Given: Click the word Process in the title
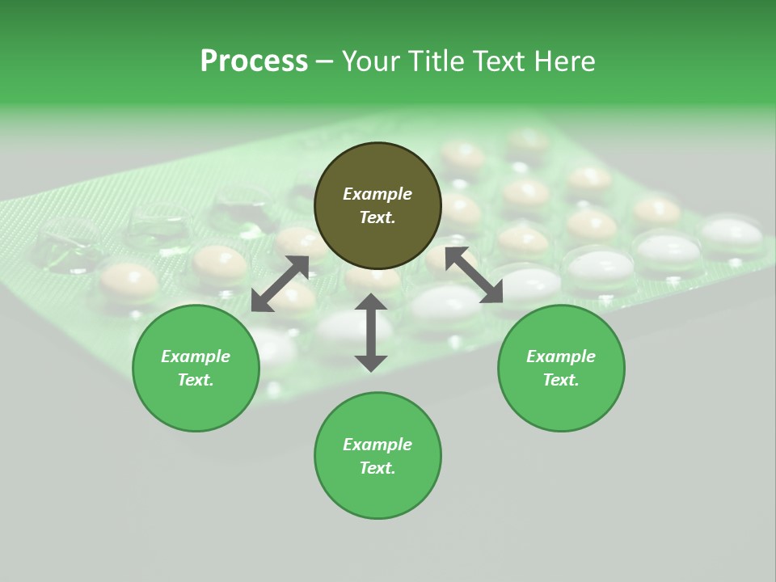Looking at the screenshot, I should pos(254,61).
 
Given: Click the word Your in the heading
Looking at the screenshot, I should pos(370,61).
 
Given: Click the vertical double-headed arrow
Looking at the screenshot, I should pos(371,332).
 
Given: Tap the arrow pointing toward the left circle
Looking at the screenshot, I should pos(280,284).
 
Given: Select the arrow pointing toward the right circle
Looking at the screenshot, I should pos(474,276).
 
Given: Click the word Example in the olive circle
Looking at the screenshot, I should pos(377,194).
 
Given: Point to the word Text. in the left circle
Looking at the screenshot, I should pos(196,380).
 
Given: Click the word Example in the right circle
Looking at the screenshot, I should pos(561,356).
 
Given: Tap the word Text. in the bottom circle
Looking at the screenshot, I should pos(377,468).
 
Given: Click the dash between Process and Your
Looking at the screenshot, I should pos(324,61).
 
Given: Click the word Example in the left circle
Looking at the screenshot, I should pos(196,356).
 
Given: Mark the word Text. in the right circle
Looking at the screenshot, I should pos(561,380).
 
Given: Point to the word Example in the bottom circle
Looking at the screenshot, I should pos(377,445).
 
